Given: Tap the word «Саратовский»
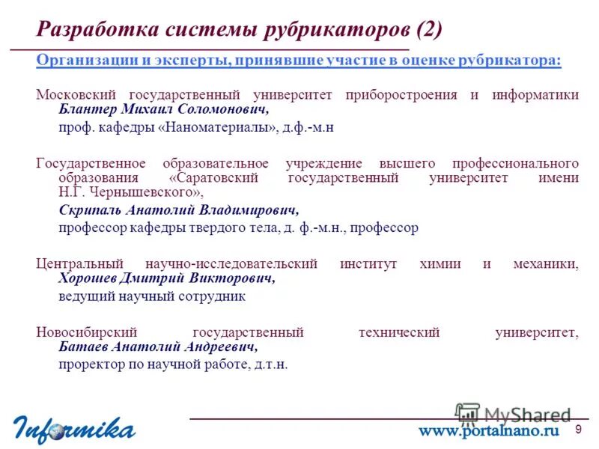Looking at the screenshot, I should coord(214,177).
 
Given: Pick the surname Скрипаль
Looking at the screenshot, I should coord(88,210).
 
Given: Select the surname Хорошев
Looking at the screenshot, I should coord(88,278).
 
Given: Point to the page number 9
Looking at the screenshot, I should coord(578,429).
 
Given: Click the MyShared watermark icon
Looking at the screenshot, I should coord(468,415).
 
